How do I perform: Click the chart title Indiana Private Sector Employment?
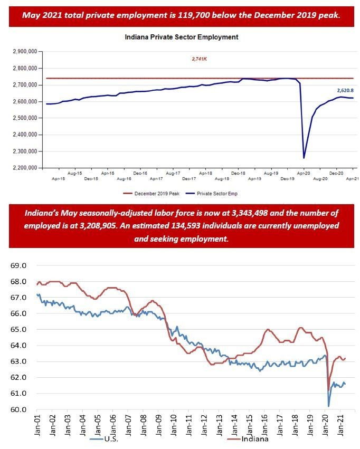point(181,37)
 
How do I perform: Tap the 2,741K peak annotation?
point(199,59)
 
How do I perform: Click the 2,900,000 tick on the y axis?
point(24,52)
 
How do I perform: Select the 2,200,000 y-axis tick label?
point(24,168)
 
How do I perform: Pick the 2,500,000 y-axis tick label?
point(24,118)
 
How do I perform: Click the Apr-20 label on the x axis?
point(304,173)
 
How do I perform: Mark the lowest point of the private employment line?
point(304,157)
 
